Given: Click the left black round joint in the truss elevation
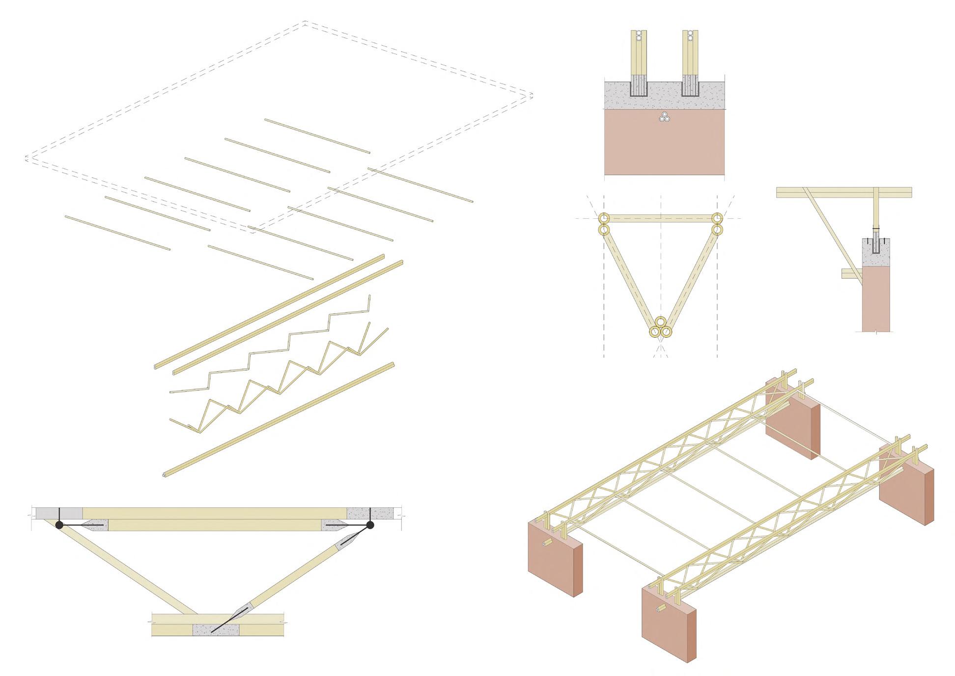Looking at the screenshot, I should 59,525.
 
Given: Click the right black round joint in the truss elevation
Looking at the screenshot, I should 370,525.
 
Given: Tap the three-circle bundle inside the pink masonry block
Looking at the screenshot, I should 664,118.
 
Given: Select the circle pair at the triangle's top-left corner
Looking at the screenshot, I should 603,224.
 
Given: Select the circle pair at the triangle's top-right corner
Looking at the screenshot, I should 718,224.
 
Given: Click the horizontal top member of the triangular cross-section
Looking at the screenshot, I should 660,218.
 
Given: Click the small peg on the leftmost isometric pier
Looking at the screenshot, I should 546,544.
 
